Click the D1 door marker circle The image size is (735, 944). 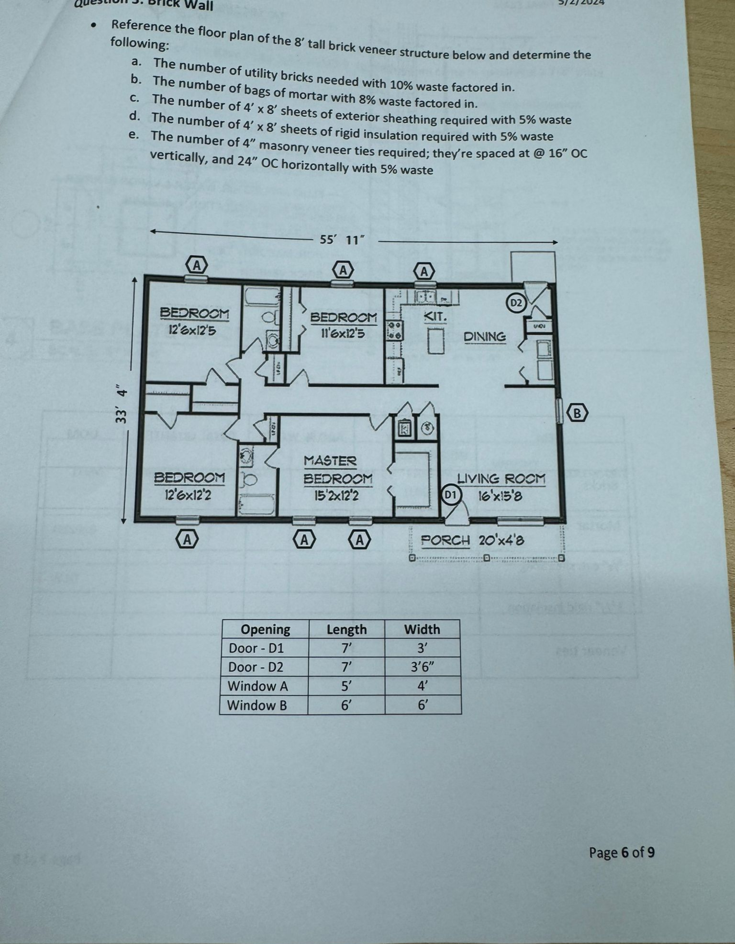(x=451, y=494)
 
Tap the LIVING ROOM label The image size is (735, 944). (x=501, y=479)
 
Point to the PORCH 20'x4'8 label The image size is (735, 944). (x=472, y=540)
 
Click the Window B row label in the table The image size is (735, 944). (x=257, y=705)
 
